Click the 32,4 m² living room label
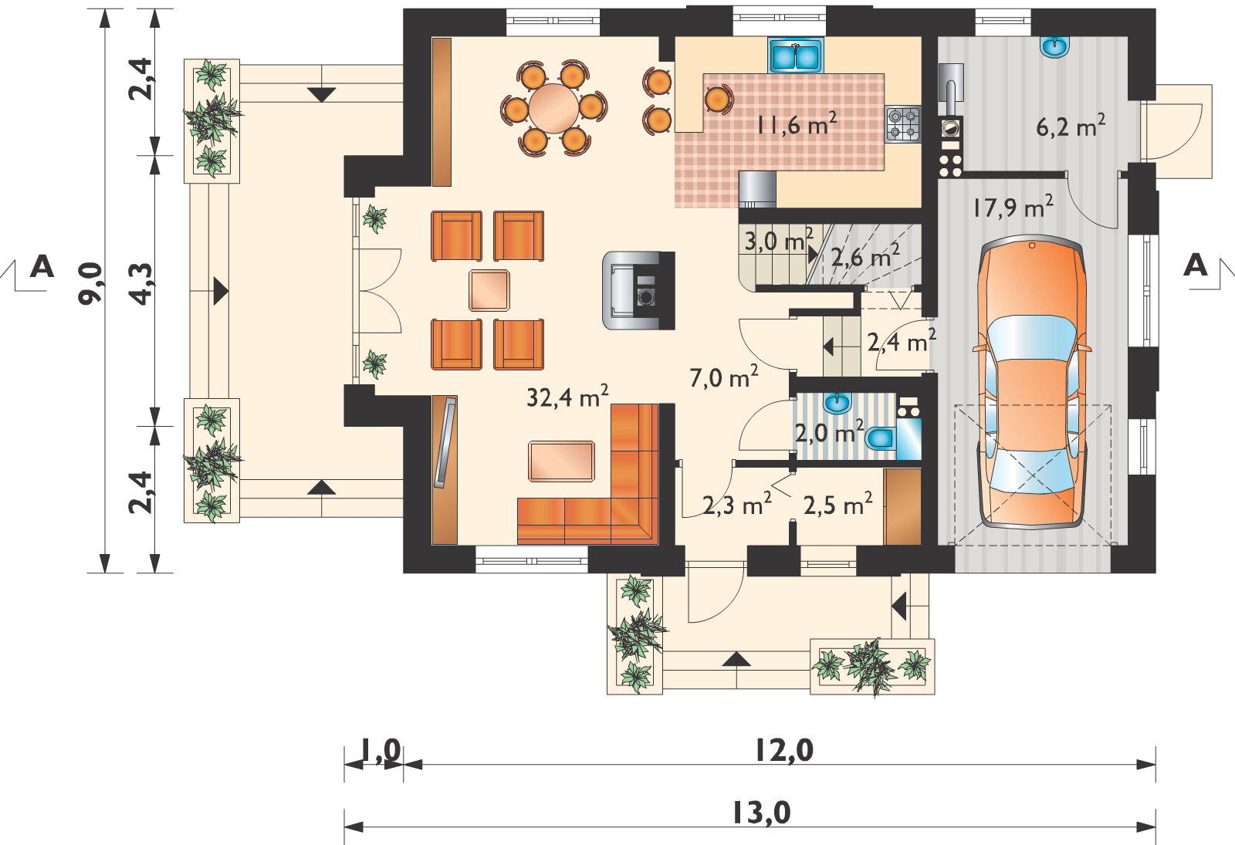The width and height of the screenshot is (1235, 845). click(x=567, y=397)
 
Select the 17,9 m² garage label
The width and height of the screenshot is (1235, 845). click(x=1013, y=208)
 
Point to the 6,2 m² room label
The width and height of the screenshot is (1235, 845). click(x=1071, y=127)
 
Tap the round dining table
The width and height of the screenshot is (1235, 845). click(x=553, y=108)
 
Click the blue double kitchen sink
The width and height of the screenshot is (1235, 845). click(x=796, y=55)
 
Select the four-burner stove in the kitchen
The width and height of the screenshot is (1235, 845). click(x=902, y=124)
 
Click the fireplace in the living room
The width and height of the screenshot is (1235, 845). click(x=638, y=290)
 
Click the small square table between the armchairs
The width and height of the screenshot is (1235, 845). click(x=489, y=290)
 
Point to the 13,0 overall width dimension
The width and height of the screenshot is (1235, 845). click(x=762, y=813)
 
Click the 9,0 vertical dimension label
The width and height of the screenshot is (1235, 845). click(x=91, y=283)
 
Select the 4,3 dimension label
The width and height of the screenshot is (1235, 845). click(x=141, y=285)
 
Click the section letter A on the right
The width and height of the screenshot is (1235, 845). click(x=1196, y=265)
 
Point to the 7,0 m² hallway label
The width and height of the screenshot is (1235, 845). click(x=724, y=377)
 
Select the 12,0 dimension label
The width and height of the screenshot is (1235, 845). click(x=784, y=751)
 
